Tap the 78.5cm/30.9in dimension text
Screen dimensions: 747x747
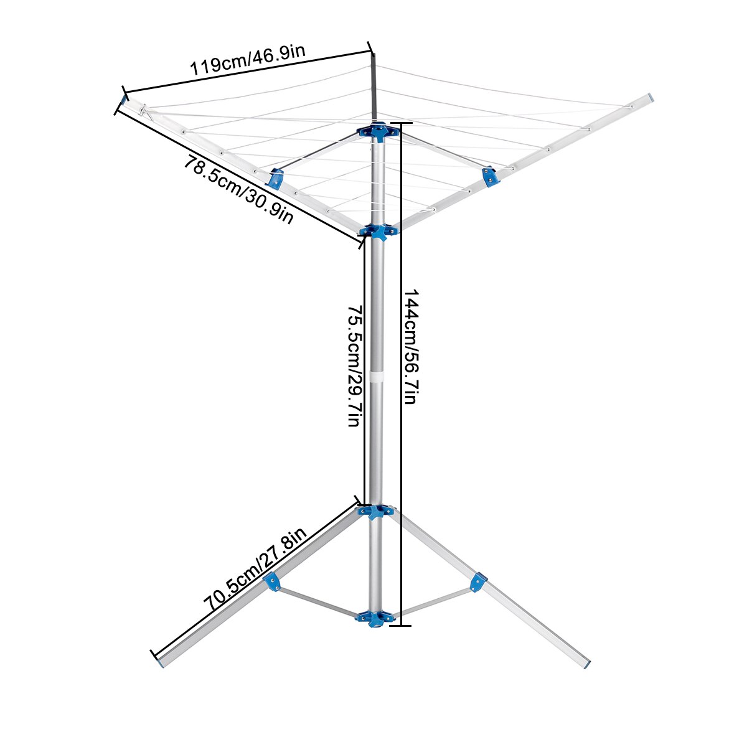pyautogui.click(x=238, y=190)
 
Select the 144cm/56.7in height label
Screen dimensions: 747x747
pyautogui.click(x=410, y=347)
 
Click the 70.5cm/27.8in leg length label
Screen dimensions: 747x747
pyautogui.click(x=255, y=569)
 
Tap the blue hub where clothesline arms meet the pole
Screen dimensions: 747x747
pyautogui.click(x=378, y=232)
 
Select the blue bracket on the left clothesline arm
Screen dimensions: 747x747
pyautogui.click(x=276, y=179)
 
